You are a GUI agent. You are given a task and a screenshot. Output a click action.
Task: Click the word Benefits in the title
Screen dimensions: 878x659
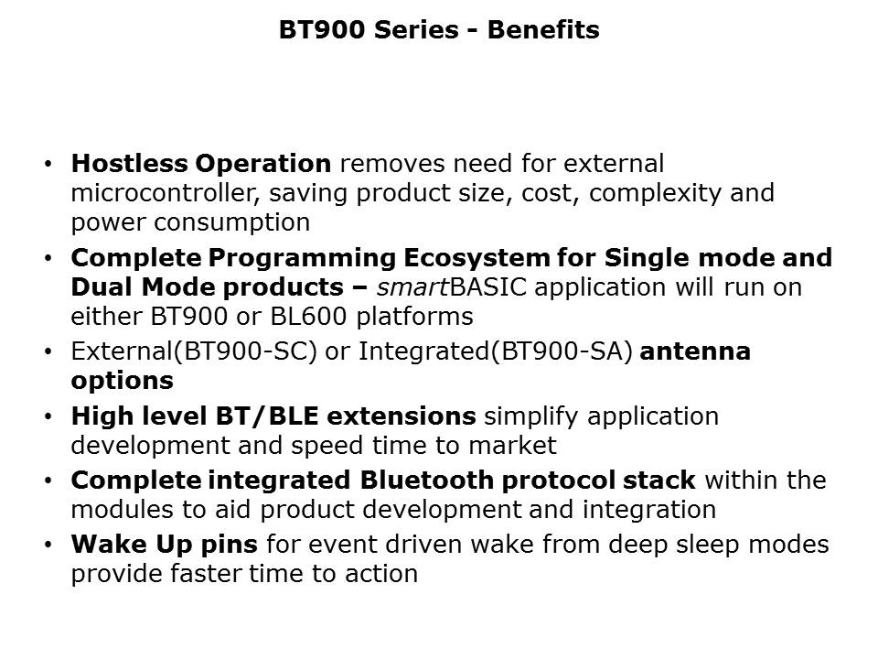coord(543,29)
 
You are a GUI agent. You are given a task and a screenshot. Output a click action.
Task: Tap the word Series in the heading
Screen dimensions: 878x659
coord(416,29)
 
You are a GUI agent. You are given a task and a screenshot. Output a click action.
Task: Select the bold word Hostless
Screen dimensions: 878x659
coord(129,164)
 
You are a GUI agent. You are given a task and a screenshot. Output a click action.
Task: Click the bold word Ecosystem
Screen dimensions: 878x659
coord(476,258)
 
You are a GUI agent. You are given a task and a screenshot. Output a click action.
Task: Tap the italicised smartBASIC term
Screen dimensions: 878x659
coord(451,287)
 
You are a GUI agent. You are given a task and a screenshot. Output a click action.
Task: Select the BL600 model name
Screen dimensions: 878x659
coord(308,317)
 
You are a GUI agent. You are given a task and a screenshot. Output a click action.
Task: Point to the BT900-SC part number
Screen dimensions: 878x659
coord(245,351)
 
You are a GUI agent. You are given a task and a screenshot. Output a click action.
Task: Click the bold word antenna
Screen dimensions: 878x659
coord(695,351)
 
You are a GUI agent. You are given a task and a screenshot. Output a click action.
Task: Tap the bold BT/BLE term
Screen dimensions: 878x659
coord(267,416)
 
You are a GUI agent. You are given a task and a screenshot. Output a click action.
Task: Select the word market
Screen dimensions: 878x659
coord(512,446)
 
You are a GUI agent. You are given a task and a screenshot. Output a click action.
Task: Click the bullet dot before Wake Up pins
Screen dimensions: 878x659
coord(48,545)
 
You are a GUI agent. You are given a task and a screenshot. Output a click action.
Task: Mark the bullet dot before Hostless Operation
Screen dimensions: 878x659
coord(48,164)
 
